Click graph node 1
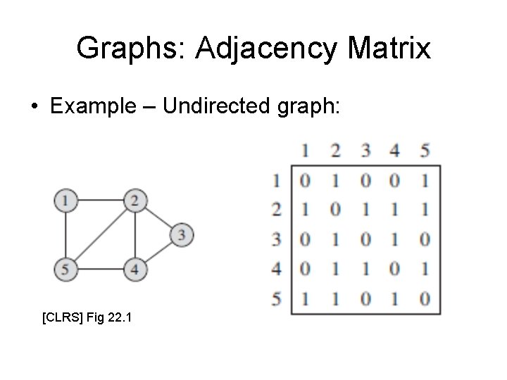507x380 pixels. click(65, 201)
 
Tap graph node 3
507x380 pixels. click(182, 234)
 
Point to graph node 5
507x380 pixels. click(65, 268)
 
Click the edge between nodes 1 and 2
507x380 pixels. click(99, 201)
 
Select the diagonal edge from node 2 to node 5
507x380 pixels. click(99, 234)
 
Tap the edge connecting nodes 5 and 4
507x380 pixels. click(99, 268)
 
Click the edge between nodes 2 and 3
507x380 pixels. click(158, 217)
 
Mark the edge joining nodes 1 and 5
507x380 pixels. click(65, 234)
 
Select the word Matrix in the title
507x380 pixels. click(388, 49)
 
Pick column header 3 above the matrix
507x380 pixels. click(364, 149)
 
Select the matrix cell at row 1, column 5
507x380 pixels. click(423, 181)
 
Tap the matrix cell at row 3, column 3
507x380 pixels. click(364, 239)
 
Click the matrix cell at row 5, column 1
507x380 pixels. click(304, 298)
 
